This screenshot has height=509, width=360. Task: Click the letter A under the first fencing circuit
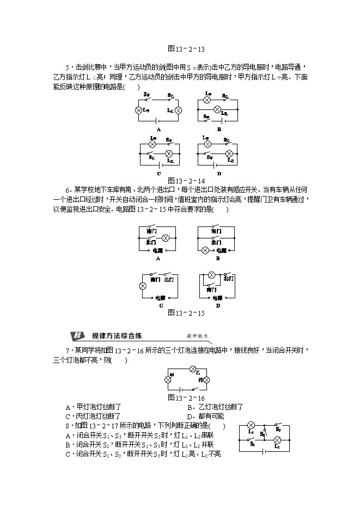(158, 130)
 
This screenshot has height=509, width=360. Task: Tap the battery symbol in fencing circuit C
(158, 164)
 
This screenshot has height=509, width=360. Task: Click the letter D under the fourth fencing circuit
(218, 174)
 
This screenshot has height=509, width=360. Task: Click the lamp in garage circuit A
(166, 238)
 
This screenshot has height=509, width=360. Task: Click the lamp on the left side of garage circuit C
(143, 286)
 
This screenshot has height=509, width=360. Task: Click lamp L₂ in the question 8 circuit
(277, 440)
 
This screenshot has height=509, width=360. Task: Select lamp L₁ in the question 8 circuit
(251, 425)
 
